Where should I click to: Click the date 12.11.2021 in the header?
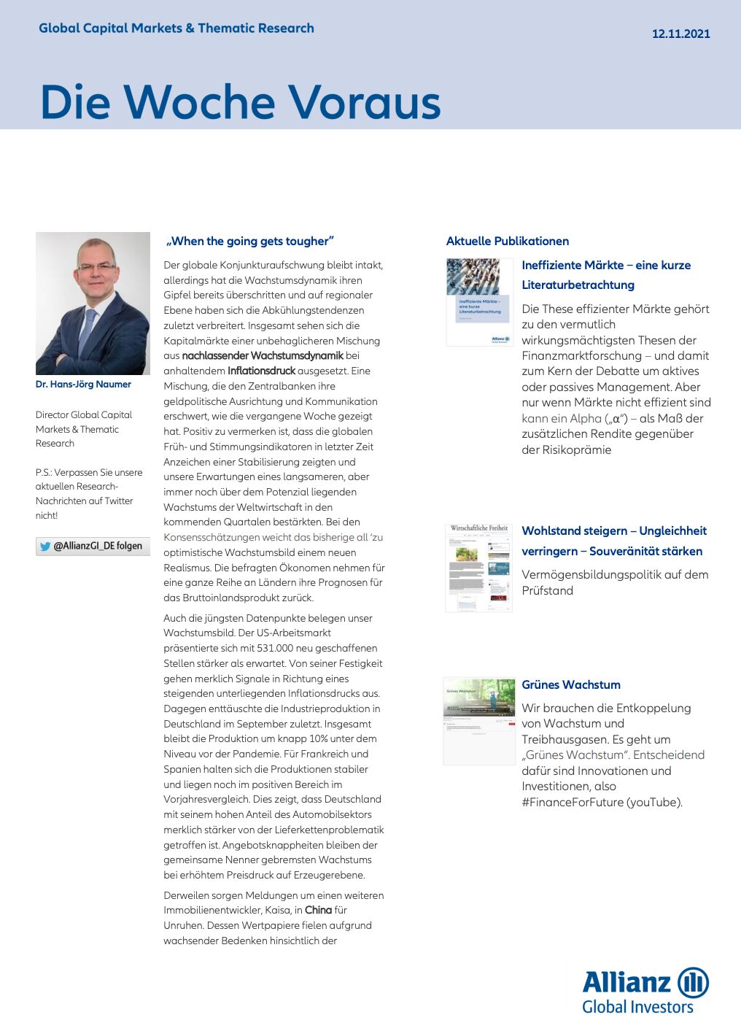tap(680, 34)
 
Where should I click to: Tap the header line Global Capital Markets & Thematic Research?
tap(176, 28)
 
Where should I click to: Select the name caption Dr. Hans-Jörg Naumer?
tap(83, 385)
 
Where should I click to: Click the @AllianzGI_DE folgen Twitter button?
tap(93, 546)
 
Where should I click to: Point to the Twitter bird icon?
tap(45, 547)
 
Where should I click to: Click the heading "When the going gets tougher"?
tap(249, 242)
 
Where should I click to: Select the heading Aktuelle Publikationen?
tap(508, 242)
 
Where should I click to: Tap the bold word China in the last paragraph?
tap(318, 910)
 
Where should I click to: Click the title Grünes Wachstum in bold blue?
tap(571, 684)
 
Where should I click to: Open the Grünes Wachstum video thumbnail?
tap(478, 721)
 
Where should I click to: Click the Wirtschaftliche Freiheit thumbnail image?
tap(478, 567)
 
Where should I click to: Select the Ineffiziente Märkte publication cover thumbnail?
tap(479, 301)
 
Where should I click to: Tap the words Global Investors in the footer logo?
tap(637, 1007)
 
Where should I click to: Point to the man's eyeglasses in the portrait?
tap(97, 267)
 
